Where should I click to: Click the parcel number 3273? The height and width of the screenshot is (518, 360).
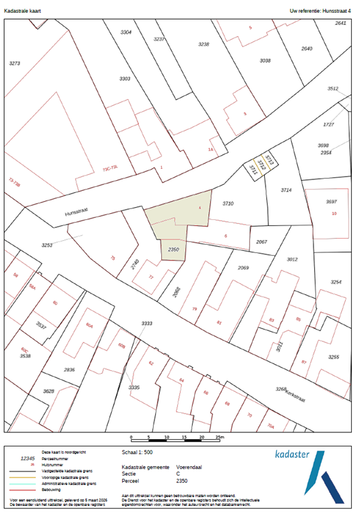(x=14, y=63)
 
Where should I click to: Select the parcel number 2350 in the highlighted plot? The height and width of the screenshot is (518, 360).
(x=173, y=250)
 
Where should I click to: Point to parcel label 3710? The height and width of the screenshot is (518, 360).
(x=229, y=203)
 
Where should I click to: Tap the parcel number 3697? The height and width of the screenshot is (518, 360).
(x=331, y=202)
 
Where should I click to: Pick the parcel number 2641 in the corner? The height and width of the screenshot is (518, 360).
(x=340, y=23)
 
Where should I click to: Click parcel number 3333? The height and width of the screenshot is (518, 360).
(x=146, y=324)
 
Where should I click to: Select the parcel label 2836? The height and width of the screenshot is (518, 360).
(x=69, y=370)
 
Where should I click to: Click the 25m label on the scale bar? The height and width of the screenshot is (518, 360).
(x=220, y=438)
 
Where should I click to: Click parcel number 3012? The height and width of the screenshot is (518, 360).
(x=292, y=259)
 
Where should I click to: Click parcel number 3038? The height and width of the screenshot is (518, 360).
(x=265, y=61)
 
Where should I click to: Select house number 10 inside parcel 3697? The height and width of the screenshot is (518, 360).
(x=334, y=213)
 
